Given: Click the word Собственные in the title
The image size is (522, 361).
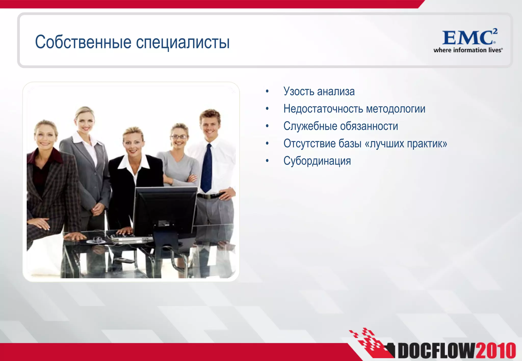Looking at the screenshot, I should tap(83, 42).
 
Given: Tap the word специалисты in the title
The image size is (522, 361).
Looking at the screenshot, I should tap(183, 43).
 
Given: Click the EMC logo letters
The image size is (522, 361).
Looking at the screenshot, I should tap(468, 38).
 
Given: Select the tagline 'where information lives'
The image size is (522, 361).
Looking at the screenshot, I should tap(468, 50).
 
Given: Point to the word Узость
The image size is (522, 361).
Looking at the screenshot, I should tap(299, 91).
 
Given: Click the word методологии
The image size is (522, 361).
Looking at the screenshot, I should tap(396, 109).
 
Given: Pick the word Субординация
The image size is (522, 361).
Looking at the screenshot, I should tap(317, 161).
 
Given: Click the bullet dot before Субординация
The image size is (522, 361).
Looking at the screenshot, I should tap(267, 161).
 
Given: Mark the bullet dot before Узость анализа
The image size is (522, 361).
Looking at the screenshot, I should tap(267, 91).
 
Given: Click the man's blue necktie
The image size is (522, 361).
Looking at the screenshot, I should tap(206, 168).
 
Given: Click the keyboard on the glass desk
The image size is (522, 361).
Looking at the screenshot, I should tap(130, 238).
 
